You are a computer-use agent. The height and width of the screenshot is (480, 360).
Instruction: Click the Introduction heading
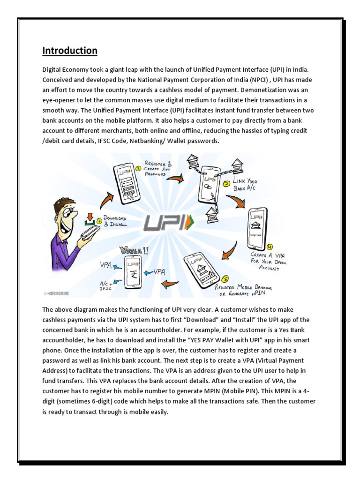pos(70,51)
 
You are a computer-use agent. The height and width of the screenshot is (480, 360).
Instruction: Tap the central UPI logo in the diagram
pos(168,222)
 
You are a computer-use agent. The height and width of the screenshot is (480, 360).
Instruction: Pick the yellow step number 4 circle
pos(270,246)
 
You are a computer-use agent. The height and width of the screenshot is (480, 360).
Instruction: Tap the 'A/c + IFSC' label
pos(105,284)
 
